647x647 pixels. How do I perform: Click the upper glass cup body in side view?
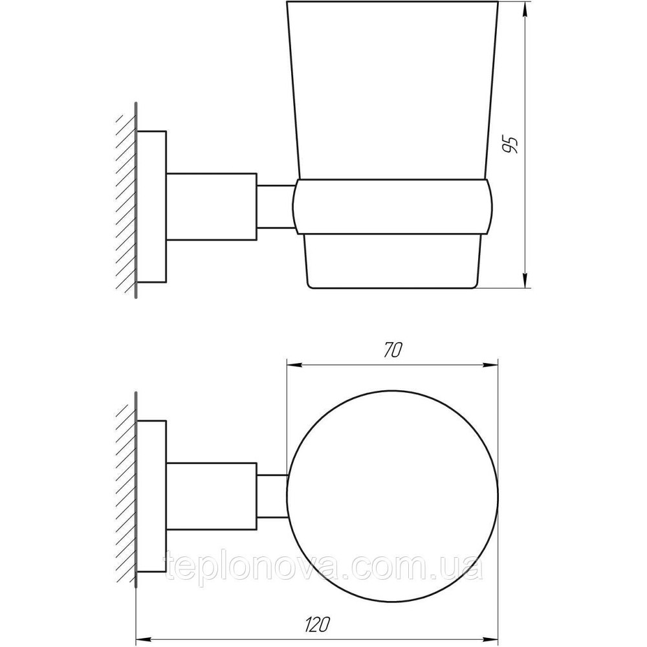(x=392, y=91)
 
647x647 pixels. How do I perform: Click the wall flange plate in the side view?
(x=153, y=206)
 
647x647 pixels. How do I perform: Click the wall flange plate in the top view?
(x=153, y=497)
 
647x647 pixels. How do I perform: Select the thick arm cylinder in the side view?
(x=212, y=206)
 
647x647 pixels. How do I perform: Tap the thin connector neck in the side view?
(x=275, y=206)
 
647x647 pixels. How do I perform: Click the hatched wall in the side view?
(x=126, y=201)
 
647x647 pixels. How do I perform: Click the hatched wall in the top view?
(x=126, y=492)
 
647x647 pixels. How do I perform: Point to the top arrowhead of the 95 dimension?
(x=525, y=8)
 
